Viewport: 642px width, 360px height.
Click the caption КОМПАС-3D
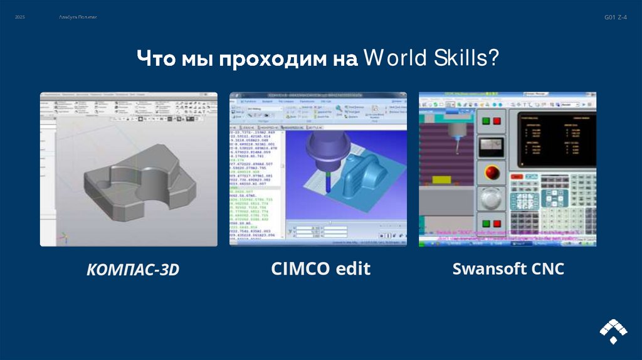point(132,270)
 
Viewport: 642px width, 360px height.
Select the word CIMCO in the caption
point(300,269)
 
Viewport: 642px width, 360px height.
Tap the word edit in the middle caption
point(352,269)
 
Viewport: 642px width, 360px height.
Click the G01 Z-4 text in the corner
point(615,18)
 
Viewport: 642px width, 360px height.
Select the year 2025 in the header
point(20,18)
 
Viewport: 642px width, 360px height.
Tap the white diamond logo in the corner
point(612,331)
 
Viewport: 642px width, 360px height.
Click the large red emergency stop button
point(490,172)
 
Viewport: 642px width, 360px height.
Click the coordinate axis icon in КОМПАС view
point(62,238)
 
